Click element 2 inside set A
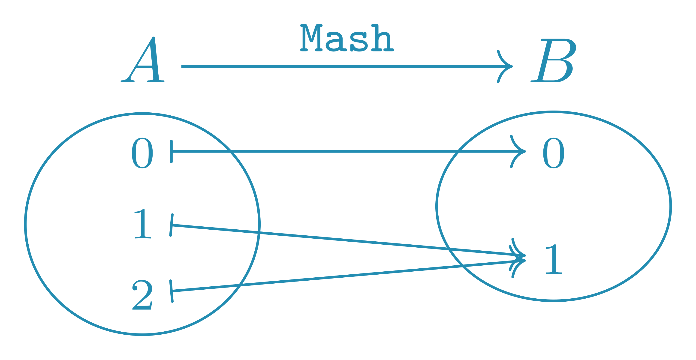click(x=142, y=295)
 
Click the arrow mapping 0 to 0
click(x=338, y=151)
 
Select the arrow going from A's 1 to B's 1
click(x=338, y=239)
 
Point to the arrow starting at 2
click(x=338, y=276)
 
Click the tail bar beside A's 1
click(x=171, y=225)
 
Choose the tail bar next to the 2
click(x=171, y=291)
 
